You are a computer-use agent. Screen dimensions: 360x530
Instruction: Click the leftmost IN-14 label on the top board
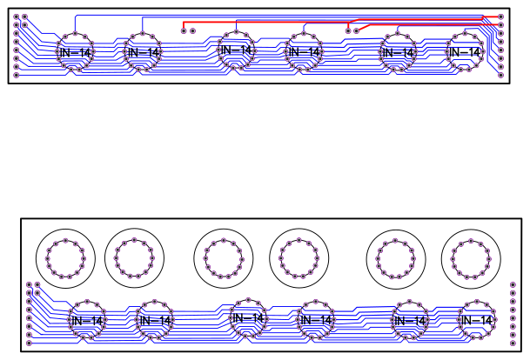point(74,53)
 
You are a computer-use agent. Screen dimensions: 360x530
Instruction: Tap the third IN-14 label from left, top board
point(235,51)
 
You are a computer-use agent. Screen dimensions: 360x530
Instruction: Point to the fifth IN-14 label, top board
point(397,53)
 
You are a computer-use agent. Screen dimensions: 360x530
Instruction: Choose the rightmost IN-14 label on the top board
point(463,53)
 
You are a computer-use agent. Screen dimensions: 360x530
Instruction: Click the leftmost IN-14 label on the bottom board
point(87,321)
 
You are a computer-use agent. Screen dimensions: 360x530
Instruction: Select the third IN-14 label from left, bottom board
point(247,319)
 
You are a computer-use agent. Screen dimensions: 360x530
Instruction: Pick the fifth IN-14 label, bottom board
point(409,321)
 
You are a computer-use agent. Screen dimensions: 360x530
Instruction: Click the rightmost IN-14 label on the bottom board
point(476,321)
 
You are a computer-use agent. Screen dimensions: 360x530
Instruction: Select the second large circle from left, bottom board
point(135,257)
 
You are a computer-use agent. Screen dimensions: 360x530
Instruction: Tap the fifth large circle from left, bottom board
point(397,257)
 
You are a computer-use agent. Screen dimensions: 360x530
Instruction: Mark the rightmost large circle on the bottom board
point(471,257)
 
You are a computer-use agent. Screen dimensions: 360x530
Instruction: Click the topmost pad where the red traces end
point(500,17)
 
